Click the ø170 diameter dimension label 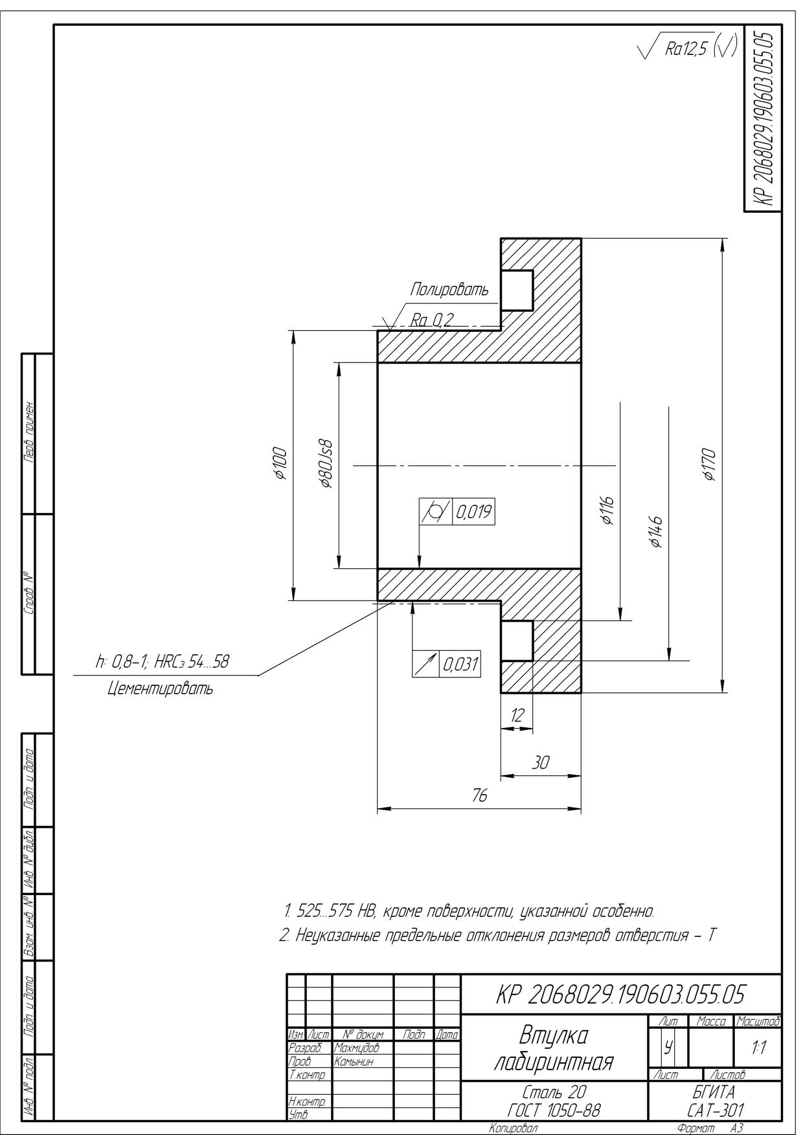click(710, 465)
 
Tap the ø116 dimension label click(608, 509)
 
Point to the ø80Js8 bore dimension click(327, 465)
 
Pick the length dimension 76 click(479, 796)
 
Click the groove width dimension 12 click(517, 715)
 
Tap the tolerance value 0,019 click(473, 512)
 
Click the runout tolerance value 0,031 click(460, 665)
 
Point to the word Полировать click(449, 291)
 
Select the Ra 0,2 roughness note click(432, 319)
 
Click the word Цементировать click(160, 689)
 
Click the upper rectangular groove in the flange click(517, 291)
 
